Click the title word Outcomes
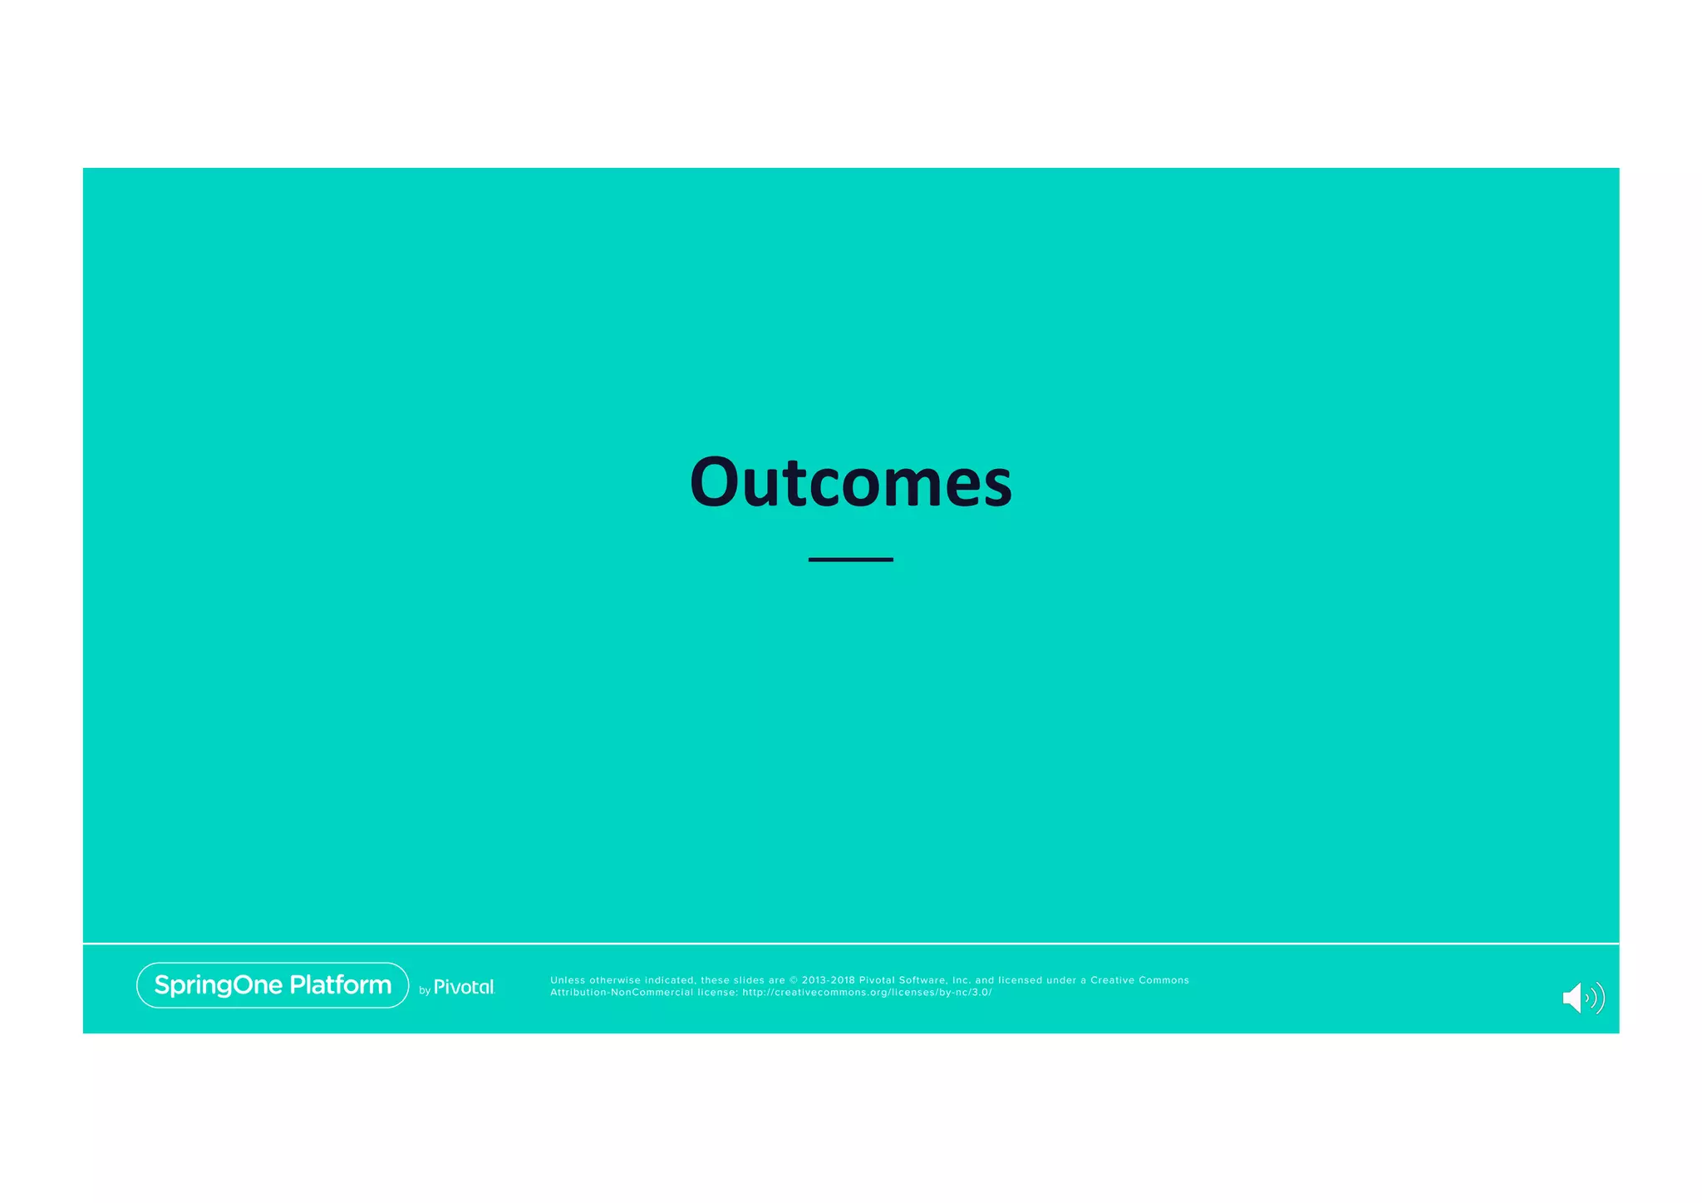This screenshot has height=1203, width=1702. click(850, 482)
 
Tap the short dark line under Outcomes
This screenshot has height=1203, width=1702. click(850, 560)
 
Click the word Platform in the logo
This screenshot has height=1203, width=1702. click(340, 985)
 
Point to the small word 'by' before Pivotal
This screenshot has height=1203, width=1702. click(425, 990)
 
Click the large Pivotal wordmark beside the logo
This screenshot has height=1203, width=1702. click(464, 987)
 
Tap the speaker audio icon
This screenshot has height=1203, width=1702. click(1582, 998)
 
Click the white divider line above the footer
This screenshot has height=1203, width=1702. click(850, 944)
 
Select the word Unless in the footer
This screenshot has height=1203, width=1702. click(568, 980)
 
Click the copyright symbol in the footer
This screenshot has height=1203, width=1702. click(793, 980)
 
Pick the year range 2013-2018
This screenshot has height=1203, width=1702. click(828, 980)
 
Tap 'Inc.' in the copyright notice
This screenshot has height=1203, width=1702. click(962, 980)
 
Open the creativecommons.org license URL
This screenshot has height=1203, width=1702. click(867, 993)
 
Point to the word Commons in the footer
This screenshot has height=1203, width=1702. click(1164, 980)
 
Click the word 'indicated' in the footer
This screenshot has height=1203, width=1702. click(671, 980)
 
